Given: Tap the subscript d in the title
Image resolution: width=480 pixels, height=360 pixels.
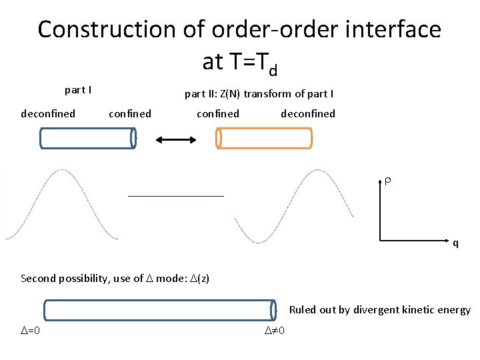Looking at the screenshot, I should tap(271, 68).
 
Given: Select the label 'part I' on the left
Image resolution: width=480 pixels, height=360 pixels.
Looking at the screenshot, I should tap(78, 89).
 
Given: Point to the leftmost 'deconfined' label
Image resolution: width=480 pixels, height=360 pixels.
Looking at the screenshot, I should tap(48, 113).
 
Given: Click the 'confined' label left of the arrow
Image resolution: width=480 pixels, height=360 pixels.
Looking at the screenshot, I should tap(129, 113).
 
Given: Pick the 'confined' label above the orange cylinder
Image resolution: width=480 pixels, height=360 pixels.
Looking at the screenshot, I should tap(217, 113).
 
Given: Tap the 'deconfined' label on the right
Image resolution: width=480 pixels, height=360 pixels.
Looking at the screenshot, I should tap(308, 113).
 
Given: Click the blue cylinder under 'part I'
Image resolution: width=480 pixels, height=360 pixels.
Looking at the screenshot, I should tap(87, 138).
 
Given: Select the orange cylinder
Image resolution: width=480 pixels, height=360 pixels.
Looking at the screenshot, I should tap(264, 138).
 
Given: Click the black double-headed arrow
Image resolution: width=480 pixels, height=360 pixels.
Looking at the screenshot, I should tap(176, 139).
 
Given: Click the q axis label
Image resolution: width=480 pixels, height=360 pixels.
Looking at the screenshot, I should tap(455, 243).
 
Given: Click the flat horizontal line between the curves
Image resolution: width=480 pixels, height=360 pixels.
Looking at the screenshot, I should tap(176, 196).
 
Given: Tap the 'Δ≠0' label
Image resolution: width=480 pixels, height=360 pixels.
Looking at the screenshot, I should tap(274, 331).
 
